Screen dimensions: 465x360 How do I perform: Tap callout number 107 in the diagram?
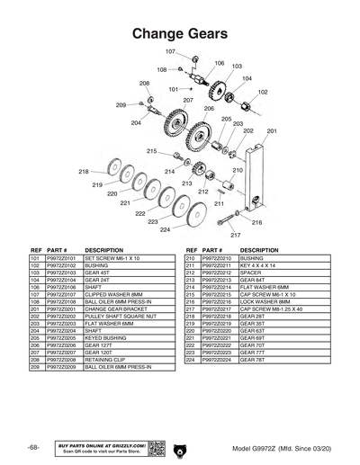click(x=170, y=51)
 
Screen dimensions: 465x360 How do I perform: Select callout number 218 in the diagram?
click(x=84, y=171)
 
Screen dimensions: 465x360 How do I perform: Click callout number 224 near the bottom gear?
click(x=165, y=229)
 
